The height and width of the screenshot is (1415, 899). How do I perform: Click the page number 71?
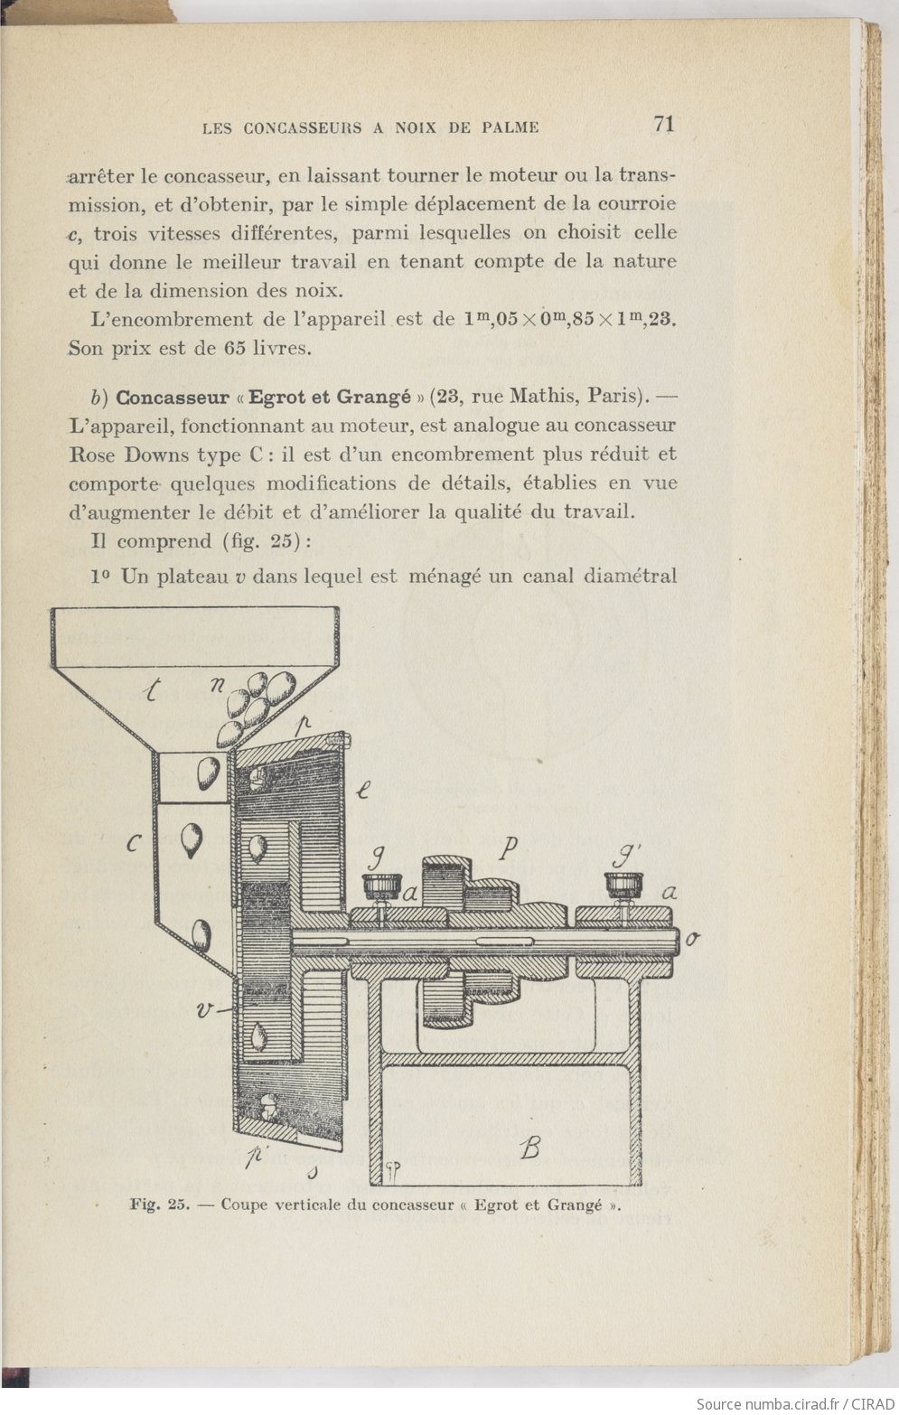pyautogui.click(x=663, y=124)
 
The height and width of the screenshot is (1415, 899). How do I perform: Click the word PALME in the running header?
pyautogui.click(x=511, y=127)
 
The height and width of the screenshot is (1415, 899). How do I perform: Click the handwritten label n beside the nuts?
pyautogui.click(x=218, y=684)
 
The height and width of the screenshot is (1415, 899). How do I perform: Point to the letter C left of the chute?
pyautogui.click(x=134, y=845)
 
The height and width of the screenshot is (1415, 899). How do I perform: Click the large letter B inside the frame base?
pyautogui.click(x=530, y=1148)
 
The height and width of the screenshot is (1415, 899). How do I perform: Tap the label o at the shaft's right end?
pyautogui.click(x=692, y=938)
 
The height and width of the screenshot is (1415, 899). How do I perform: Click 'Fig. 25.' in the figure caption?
pyautogui.click(x=158, y=1204)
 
